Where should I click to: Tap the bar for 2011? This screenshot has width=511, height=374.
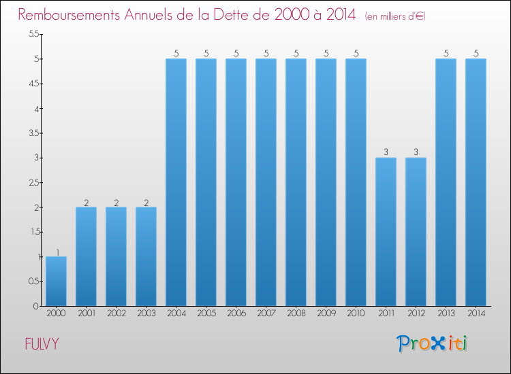(x=386, y=232)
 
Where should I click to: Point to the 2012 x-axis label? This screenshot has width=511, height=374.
(x=416, y=314)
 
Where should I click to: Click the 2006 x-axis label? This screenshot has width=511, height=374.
(x=236, y=314)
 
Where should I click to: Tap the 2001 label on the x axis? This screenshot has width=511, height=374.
(x=86, y=314)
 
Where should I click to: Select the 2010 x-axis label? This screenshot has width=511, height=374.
(x=356, y=314)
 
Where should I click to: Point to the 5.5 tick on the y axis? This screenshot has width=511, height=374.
(x=32, y=35)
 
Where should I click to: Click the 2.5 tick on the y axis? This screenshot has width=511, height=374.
(x=32, y=183)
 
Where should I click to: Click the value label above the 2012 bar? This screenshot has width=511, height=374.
(x=416, y=152)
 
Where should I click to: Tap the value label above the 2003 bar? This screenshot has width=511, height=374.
(x=146, y=202)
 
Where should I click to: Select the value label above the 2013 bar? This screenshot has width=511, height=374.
(x=446, y=54)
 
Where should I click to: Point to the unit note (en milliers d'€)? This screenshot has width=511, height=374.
(x=395, y=16)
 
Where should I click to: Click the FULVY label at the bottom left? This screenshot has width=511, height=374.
(x=42, y=344)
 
